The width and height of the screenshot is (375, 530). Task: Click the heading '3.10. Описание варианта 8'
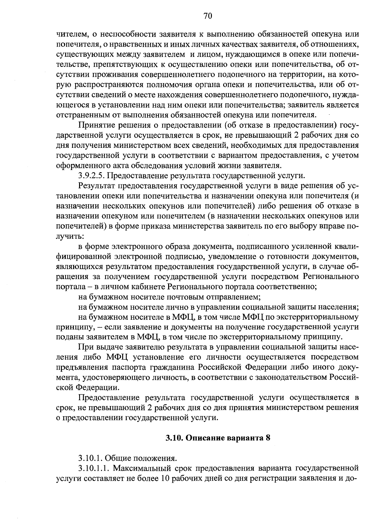click(x=218, y=438)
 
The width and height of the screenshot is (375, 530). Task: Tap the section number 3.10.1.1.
click(x=93, y=468)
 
